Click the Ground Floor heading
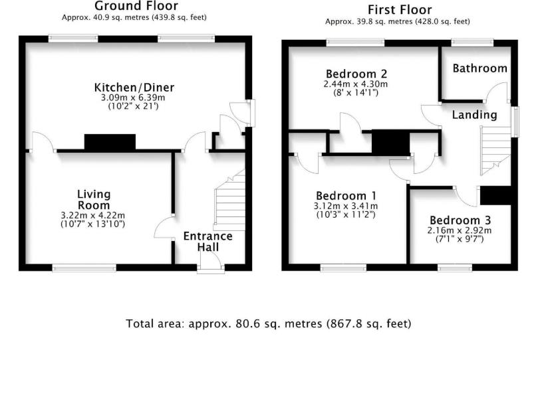click(x=136, y=6)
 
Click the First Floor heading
click(x=400, y=10)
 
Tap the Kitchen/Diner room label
click(x=134, y=88)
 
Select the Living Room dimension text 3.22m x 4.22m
click(x=93, y=216)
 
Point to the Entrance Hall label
click(x=207, y=241)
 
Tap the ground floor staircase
click(x=229, y=200)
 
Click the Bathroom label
click(x=479, y=68)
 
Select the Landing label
click(x=474, y=115)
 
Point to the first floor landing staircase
click(x=495, y=151)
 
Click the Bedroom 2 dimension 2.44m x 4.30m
click(x=355, y=84)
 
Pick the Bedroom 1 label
click(x=346, y=196)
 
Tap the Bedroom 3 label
click(x=460, y=220)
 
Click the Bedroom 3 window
click(x=455, y=268)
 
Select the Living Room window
click(x=84, y=268)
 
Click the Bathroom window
click(x=472, y=42)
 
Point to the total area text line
click(x=268, y=324)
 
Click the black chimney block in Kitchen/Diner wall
click(x=110, y=142)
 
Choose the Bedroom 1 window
click(x=343, y=268)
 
